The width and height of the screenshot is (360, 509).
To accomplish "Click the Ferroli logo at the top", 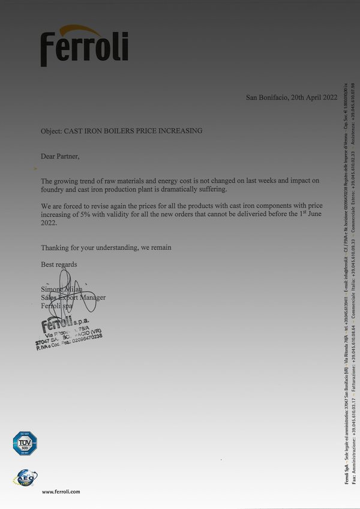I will (84, 46).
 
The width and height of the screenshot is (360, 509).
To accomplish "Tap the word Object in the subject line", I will (52, 131).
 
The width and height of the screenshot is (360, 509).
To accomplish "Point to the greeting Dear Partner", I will (60, 156).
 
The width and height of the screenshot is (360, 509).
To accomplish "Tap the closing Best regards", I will (59, 264).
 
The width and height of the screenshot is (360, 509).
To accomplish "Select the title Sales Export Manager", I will (73, 297).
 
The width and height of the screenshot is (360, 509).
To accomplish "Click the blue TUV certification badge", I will (25, 444).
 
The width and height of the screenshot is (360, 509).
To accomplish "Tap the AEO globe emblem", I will (25, 477).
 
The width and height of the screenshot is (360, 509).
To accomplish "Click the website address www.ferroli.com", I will (61, 492).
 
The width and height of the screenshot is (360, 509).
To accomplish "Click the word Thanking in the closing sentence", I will (55, 248).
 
